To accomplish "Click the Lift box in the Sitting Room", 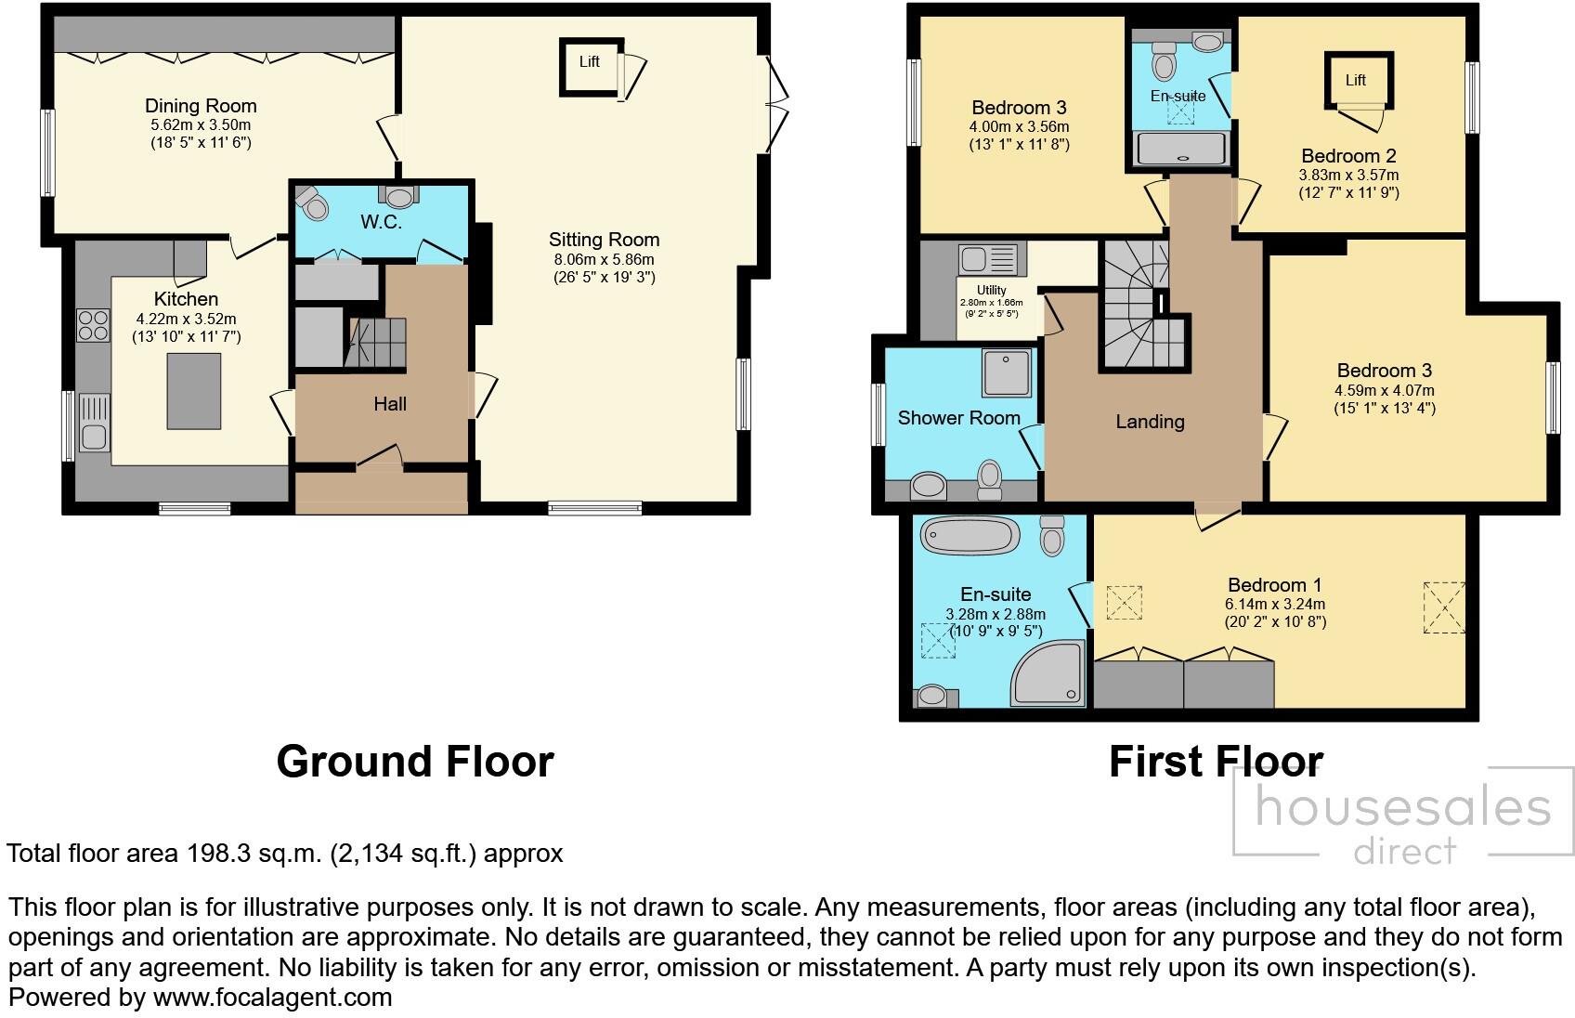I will coord(590,65).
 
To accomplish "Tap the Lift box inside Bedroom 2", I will coord(1356,81).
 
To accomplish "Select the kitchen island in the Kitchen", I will coord(194,391).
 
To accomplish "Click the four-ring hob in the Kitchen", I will coord(93,325).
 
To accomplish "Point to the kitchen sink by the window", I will coord(94,423).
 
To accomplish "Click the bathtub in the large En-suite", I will coord(970,536).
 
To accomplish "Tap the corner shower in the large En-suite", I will coord(1048,672).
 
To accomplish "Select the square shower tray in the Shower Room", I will coord(1006,372).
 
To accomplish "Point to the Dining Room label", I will coord(201,106).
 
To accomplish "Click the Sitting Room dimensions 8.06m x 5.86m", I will coord(604,259).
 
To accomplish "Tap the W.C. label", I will coord(382,222).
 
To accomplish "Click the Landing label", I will coord(1150,422).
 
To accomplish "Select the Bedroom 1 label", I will coord(1274,585).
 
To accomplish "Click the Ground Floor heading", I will coord(415,762).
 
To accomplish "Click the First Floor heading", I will coord(1216,762).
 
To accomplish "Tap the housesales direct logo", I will coord(1402,822).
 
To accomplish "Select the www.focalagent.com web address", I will coord(272,998).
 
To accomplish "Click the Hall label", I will coord(390,404).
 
